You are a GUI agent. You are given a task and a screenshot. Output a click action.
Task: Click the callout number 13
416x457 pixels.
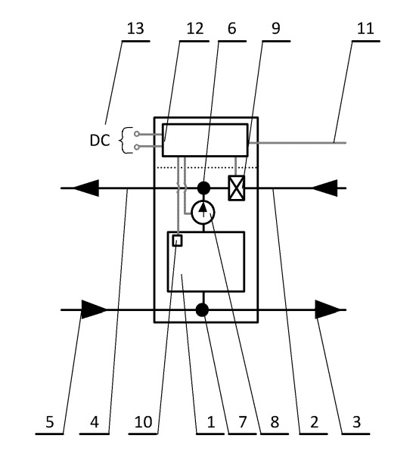pyautogui.click(x=135, y=29)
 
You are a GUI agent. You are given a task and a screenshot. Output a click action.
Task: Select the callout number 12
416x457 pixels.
pyautogui.click(x=195, y=29)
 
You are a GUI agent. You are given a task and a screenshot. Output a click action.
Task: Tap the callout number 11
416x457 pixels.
pyautogui.click(x=365, y=29)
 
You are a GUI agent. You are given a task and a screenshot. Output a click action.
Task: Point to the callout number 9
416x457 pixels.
pyautogui.click(x=275, y=29)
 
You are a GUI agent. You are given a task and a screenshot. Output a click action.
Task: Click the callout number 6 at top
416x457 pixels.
pyautogui.click(x=232, y=29)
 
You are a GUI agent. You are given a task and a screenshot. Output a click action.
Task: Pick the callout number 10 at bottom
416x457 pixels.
pyautogui.click(x=143, y=421)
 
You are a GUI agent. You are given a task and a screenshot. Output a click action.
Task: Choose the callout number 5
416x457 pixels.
pyautogui.click(x=50, y=421)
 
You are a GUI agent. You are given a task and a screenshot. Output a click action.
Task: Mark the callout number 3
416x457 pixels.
pyautogui.click(x=356, y=421)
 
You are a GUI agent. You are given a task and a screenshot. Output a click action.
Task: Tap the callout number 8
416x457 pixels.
pyautogui.click(x=275, y=421)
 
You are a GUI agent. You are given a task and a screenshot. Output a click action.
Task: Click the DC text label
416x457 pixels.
pyautogui.click(x=100, y=141)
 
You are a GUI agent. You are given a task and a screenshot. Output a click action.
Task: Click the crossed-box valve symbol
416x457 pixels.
pyautogui.click(x=236, y=188)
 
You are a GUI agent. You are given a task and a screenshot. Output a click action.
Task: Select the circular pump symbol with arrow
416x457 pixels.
pyautogui.click(x=203, y=212)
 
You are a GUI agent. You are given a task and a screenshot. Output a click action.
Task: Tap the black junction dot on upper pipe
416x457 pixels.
pyautogui.click(x=203, y=188)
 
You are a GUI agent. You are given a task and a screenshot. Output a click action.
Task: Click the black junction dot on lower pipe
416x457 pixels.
pyautogui.click(x=202, y=309)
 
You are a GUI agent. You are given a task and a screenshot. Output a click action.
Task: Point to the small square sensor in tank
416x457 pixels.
pyautogui.click(x=178, y=241)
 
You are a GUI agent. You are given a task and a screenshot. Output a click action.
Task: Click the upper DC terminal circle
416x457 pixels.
pyautogui.click(x=137, y=134)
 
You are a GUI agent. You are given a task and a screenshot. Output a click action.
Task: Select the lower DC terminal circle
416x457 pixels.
pyautogui.click(x=137, y=148)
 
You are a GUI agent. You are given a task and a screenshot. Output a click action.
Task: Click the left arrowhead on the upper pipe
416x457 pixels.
pyautogui.click(x=86, y=188)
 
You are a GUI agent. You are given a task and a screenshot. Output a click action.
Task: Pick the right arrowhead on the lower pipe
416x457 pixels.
pyautogui.click(x=328, y=309)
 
